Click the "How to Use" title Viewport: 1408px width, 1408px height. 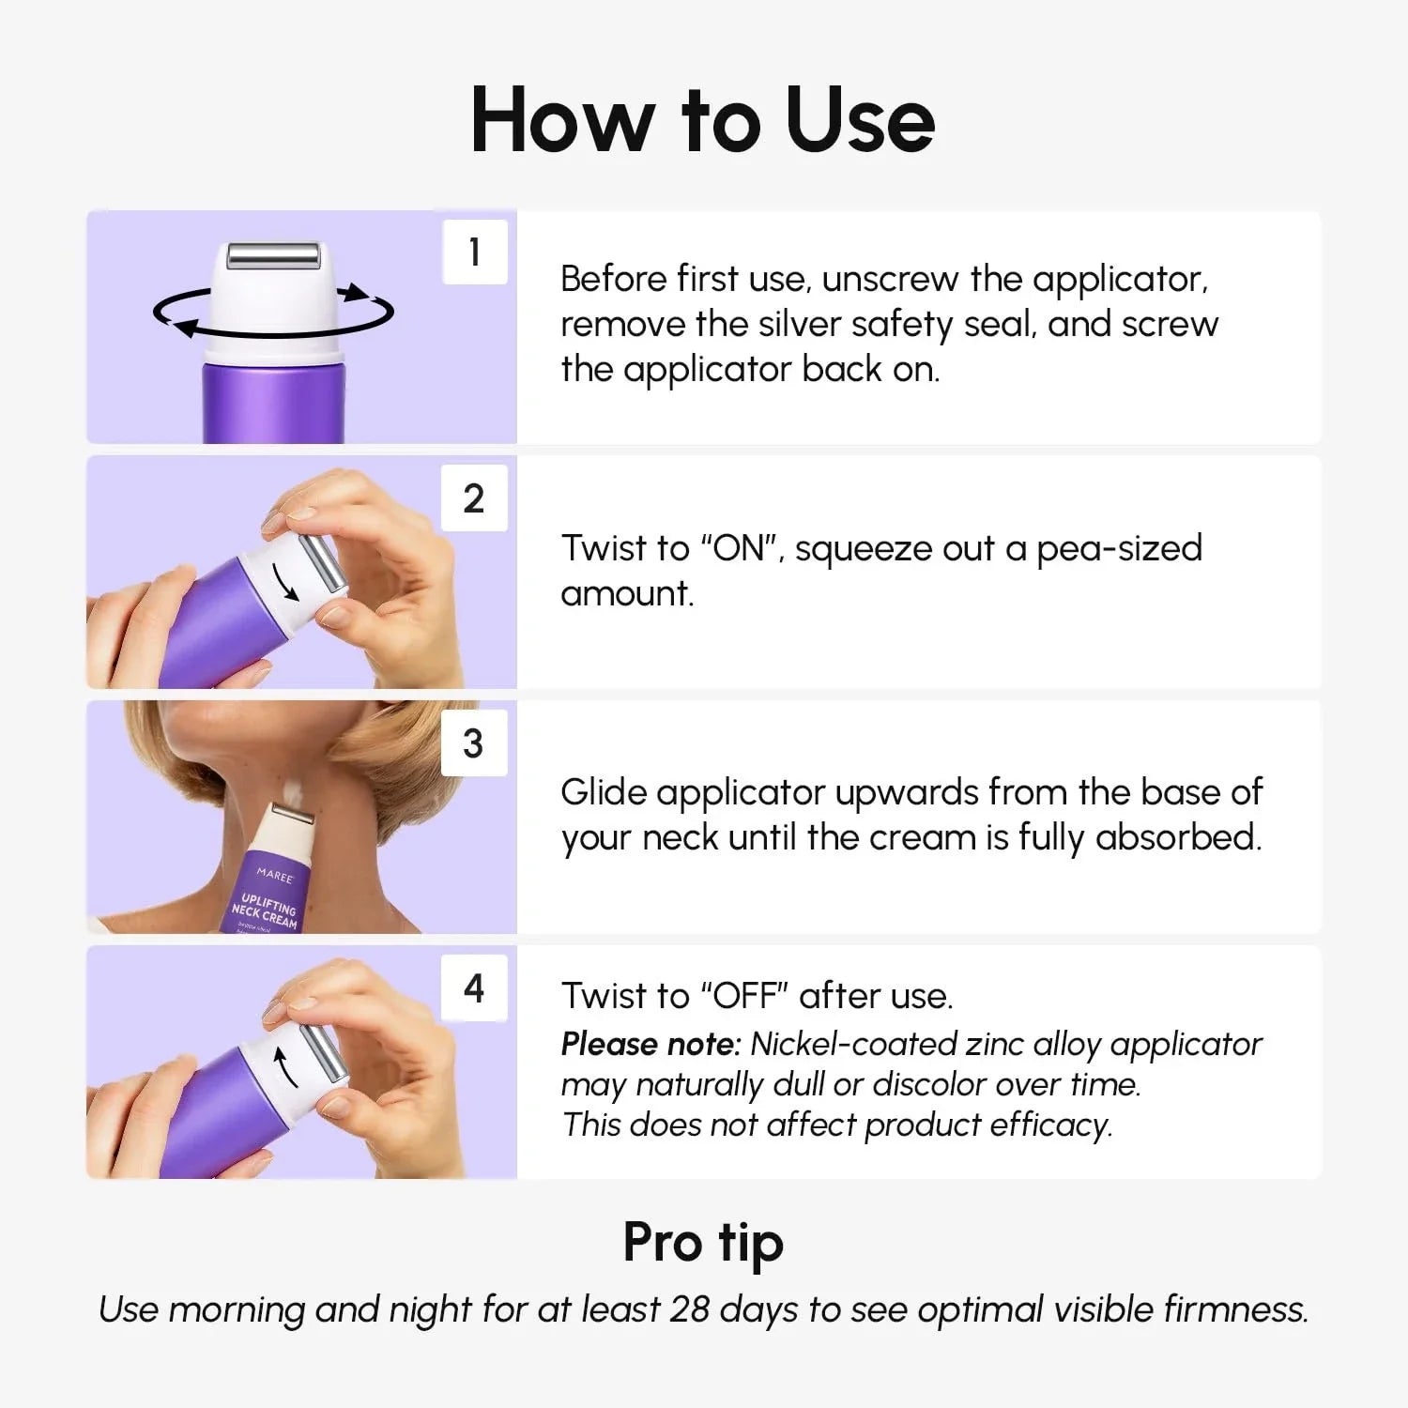point(702,120)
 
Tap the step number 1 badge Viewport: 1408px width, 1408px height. point(474,252)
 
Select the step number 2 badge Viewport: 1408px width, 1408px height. point(474,497)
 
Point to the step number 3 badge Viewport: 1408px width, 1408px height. point(474,742)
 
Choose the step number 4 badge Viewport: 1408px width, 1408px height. point(474,987)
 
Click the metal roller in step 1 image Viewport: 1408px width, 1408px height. point(276,254)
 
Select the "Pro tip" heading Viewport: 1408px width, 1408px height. point(702,1243)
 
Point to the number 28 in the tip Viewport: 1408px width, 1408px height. point(689,1309)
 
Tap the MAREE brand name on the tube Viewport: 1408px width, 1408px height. point(275,875)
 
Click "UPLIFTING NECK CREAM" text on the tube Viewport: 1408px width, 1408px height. point(267,911)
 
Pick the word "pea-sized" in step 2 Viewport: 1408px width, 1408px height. point(1119,548)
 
